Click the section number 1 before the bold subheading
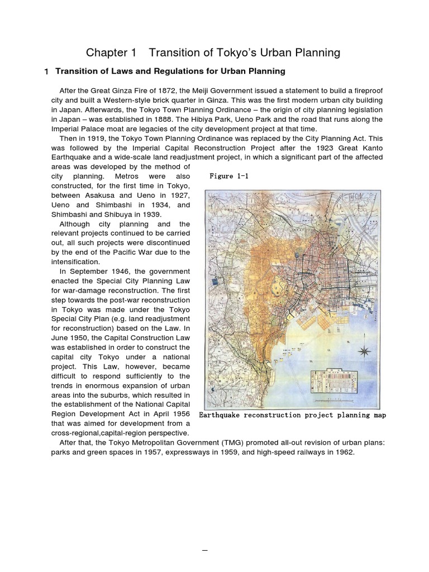46,71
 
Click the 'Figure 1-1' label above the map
228,176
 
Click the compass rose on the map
365,352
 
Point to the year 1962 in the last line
343,452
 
